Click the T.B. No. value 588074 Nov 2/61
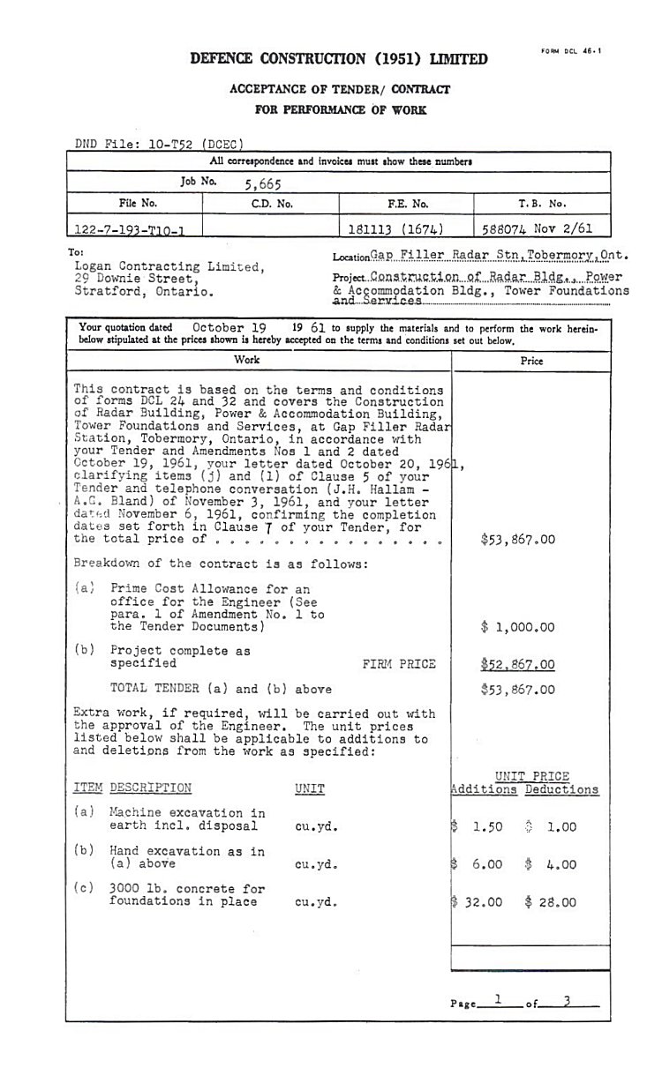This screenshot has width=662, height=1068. point(537,228)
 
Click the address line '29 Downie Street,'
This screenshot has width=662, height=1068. point(135,278)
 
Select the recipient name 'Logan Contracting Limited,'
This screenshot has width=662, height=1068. point(169,266)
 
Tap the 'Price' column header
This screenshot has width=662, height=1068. point(531,361)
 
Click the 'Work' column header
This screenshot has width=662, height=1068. point(247,360)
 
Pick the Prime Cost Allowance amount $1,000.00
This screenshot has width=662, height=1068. point(518,627)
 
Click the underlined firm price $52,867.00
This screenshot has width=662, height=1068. point(518,664)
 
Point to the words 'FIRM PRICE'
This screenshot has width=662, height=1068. point(398,664)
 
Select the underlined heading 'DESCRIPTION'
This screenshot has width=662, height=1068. point(150,788)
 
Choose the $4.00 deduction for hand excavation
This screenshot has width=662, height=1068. point(550,864)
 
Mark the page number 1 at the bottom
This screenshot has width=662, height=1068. point(499,1000)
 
